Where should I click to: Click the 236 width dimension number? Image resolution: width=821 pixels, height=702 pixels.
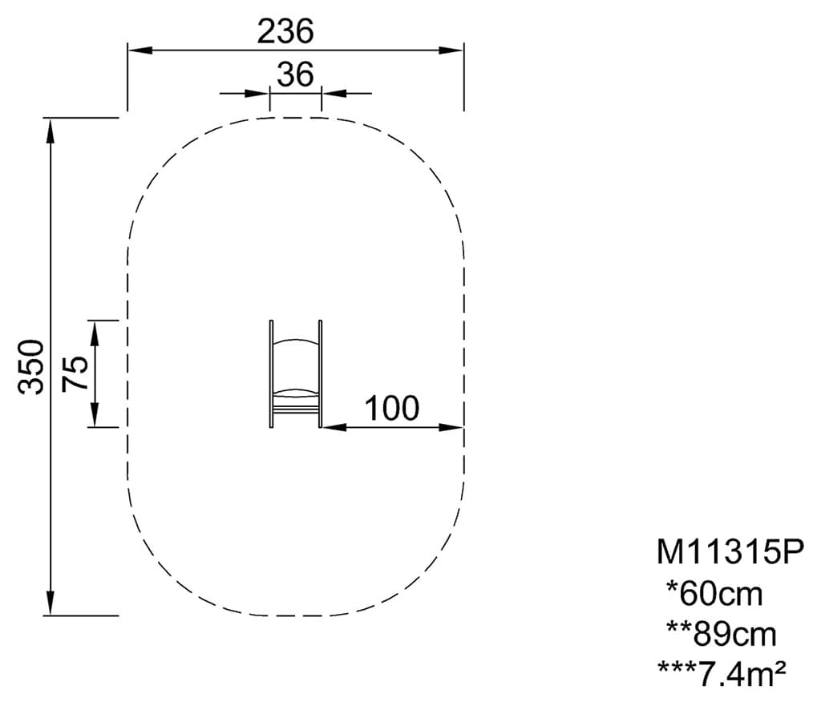point(285,31)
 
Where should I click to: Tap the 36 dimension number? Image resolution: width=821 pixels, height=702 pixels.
point(295,75)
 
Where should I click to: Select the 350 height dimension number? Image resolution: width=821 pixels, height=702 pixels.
point(31,366)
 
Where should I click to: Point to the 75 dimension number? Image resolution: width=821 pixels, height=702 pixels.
point(75,373)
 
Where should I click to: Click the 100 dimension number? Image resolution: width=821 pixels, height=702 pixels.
point(391,409)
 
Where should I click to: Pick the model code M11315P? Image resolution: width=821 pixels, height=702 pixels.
point(730,552)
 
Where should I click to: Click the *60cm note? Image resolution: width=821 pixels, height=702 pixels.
point(714,594)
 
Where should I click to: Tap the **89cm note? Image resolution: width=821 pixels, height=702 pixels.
point(722,634)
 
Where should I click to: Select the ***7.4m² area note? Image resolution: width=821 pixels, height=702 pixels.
point(722,674)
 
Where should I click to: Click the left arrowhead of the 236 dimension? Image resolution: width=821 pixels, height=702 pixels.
point(140,50)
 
